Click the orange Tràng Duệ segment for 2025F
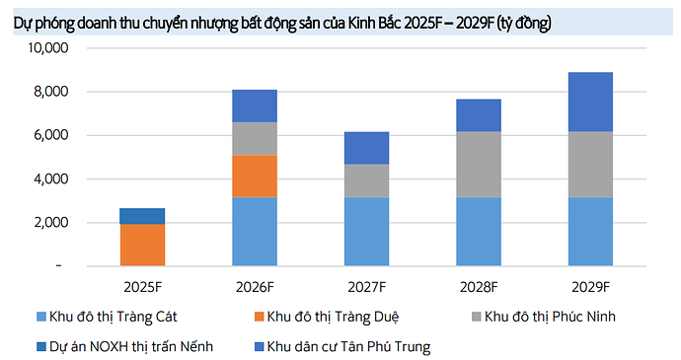tap(142, 245)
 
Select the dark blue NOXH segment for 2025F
tap(142, 216)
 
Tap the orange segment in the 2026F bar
tap(255, 176)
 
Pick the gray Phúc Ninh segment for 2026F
tap(255, 139)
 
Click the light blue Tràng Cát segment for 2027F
tap(366, 231)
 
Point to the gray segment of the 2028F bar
tap(479, 164)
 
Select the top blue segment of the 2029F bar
tap(590, 102)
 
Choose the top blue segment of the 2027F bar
tap(366, 148)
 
